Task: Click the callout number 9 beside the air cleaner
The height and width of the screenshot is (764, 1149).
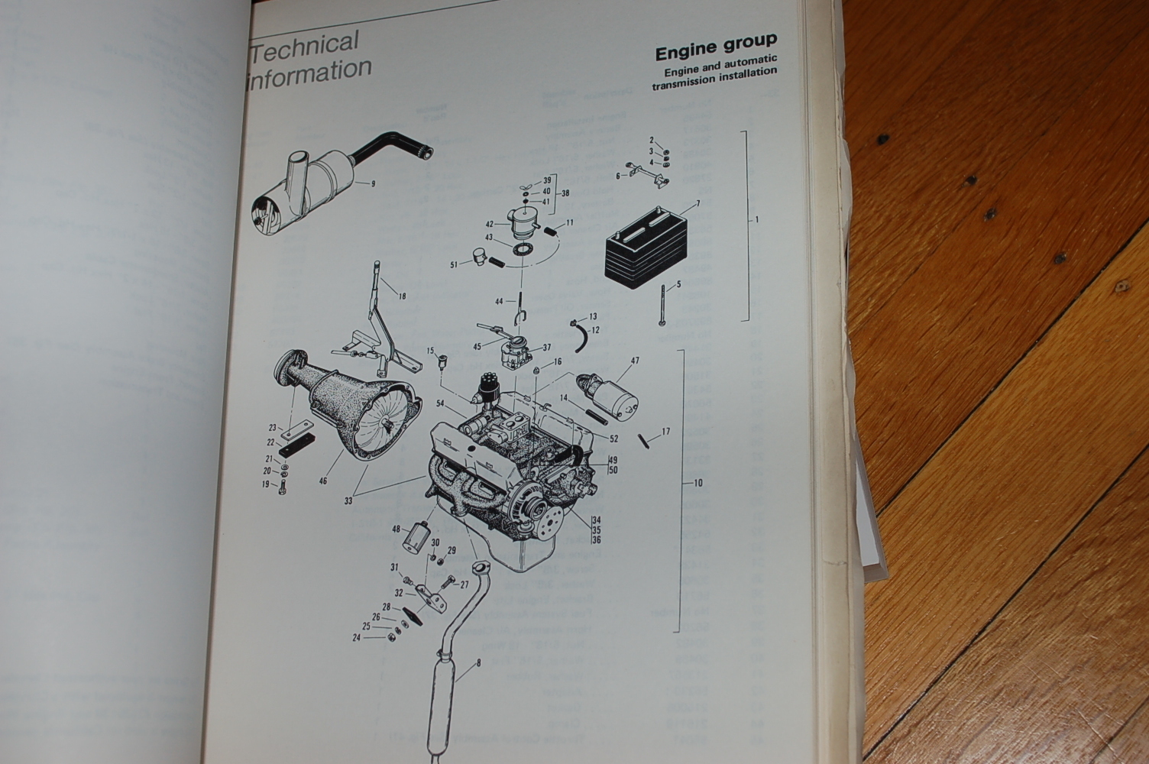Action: (x=373, y=183)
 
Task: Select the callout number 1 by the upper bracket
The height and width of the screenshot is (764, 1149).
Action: (x=756, y=220)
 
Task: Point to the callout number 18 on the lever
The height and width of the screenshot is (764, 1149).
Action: (x=402, y=296)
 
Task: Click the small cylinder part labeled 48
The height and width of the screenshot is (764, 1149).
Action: (x=419, y=533)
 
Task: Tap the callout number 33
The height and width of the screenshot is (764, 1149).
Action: (x=348, y=501)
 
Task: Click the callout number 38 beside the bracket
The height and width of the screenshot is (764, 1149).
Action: (x=565, y=193)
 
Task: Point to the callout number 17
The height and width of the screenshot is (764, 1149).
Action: (x=665, y=432)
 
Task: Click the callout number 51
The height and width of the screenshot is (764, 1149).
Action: (x=454, y=264)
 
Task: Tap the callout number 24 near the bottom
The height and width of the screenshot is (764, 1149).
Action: (x=356, y=637)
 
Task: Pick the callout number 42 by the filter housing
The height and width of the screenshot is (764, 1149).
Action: (x=490, y=225)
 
